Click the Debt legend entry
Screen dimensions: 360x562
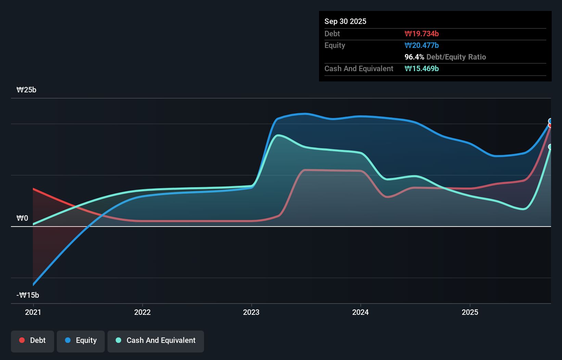(x=33, y=340)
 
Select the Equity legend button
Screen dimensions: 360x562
(x=81, y=340)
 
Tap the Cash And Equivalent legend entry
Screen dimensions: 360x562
(x=156, y=340)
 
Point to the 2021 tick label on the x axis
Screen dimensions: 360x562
(x=33, y=312)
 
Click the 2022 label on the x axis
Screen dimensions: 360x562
(x=142, y=312)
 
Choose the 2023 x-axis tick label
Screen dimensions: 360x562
(x=251, y=312)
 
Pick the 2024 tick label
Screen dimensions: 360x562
(x=360, y=312)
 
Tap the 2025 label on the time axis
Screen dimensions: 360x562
(x=470, y=312)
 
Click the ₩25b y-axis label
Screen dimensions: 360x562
(x=26, y=90)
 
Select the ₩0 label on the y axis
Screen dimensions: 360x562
(x=22, y=218)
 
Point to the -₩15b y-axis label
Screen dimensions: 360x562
(x=28, y=295)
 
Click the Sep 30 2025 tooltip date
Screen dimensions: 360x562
(x=345, y=22)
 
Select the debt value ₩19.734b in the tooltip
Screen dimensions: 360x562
(x=422, y=34)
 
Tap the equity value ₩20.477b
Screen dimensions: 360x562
(x=422, y=46)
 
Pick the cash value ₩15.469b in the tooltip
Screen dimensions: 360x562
(x=422, y=69)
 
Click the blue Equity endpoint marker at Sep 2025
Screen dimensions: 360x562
(x=550, y=121)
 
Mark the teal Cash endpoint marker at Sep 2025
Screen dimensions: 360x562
(x=550, y=147)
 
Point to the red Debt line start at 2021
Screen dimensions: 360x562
(x=34, y=189)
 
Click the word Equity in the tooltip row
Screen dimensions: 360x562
(x=335, y=46)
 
